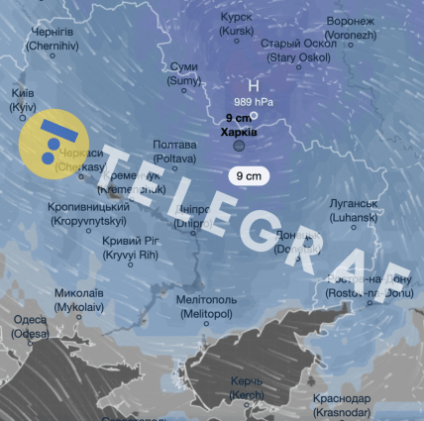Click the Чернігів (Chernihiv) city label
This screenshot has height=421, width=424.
tap(53, 39)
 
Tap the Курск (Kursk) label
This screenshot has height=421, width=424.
tap(236, 25)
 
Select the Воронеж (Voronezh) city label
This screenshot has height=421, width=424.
tap(350, 27)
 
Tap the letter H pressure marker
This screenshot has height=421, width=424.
tap(253, 85)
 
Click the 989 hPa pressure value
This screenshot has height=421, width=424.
tap(253, 102)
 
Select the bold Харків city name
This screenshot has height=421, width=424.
tap(239, 132)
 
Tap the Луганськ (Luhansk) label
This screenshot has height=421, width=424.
tap(355, 209)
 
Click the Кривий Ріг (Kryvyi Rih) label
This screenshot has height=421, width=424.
tap(131, 248)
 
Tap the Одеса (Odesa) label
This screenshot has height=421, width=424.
tap(30, 327)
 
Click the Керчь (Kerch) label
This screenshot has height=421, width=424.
tap(247, 387)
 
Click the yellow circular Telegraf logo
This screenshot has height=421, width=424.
tap(53, 140)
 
